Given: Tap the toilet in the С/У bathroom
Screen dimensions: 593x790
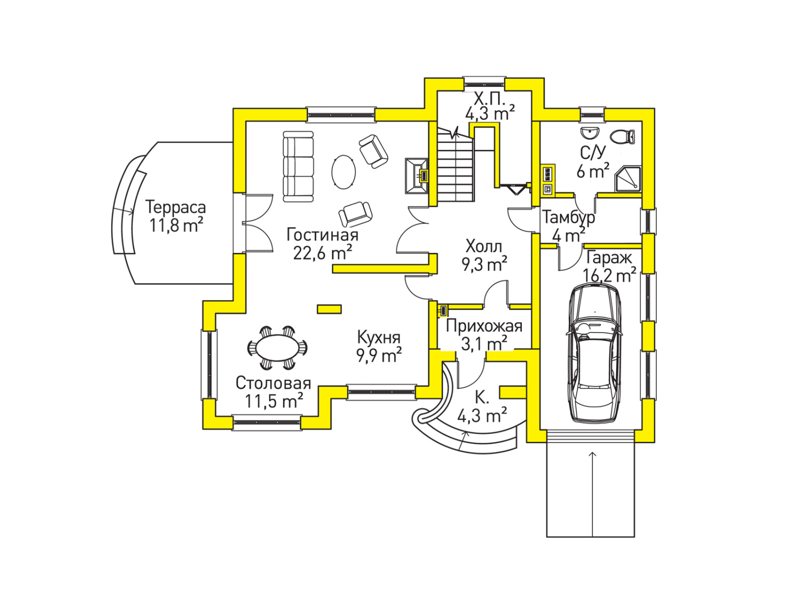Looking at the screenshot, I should click(625, 137).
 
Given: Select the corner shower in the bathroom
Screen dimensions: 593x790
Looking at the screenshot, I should click(628, 179).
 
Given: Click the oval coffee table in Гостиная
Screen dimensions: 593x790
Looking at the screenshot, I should click(343, 172).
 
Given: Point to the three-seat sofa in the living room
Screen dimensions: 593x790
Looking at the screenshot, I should click(298, 167).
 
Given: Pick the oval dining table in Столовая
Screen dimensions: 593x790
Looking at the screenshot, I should click(278, 348).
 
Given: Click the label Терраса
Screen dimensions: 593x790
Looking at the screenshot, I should click(175, 207).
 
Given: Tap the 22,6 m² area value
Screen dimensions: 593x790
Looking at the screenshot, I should click(322, 254).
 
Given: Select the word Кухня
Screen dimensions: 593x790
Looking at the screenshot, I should click(379, 337).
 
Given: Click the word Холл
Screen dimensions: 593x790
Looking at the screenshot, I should click(483, 246).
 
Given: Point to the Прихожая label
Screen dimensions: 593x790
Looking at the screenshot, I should click(484, 326).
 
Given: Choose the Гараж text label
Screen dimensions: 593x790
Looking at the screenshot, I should click(609, 258).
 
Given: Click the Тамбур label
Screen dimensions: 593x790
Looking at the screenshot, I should click(569, 217).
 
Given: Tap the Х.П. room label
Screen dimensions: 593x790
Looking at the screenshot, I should click(489, 99).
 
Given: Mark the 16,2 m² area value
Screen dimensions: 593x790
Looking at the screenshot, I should click(609, 275).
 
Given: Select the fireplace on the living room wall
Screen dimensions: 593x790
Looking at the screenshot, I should click(417, 176).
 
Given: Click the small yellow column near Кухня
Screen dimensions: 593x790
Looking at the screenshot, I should click(329, 309).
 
